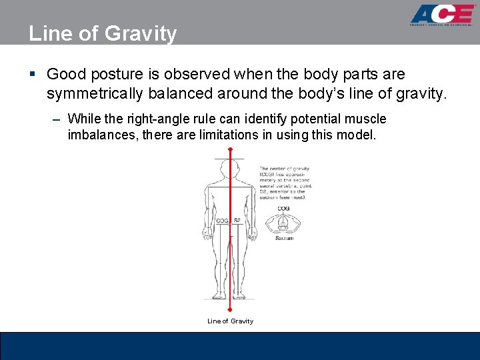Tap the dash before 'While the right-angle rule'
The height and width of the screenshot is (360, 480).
point(56,120)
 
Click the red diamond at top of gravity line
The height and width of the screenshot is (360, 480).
point(230,151)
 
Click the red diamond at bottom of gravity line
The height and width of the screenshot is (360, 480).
point(230,309)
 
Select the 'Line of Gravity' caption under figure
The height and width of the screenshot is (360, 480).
point(230,321)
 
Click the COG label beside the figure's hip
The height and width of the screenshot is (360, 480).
point(223,221)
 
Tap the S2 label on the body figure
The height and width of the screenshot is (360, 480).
point(237,221)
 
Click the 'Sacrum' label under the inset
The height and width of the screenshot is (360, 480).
point(284,238)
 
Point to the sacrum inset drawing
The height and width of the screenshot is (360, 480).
point(284,223)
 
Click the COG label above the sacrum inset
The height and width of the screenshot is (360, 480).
point(284,209)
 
